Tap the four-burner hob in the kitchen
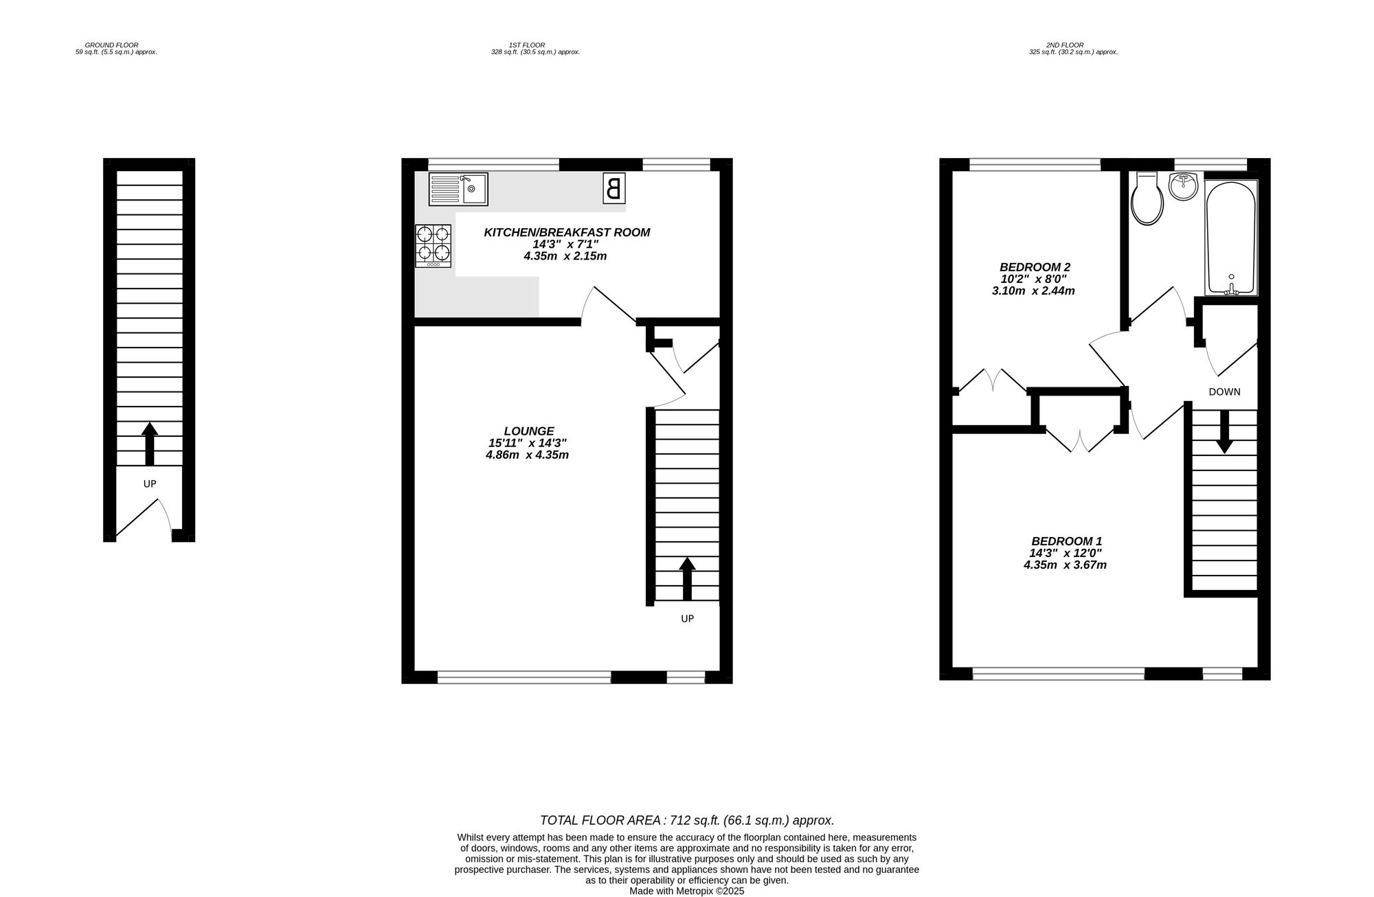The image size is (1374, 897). (x=433, y=246)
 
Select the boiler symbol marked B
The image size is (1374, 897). (x=614, y=188)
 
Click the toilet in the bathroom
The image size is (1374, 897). (x=1147, y=198)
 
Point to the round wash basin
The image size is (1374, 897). (x=1183, y=186)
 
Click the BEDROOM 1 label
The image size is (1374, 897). (x=1067, y=541)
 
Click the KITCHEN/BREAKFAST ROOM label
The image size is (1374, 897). (x=567, y=232)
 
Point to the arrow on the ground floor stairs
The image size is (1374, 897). (x=150, y=444)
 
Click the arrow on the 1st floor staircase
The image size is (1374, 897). (x=687, y=579)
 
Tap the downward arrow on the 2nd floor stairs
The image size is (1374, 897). (x=1224, y=432)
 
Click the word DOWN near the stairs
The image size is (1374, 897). (x=1224, y=392)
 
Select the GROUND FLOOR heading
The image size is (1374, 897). (x=112, y=45)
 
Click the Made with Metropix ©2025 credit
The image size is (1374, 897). (x=687, y=891)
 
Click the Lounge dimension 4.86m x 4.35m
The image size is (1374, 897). (x=528, y=455)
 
